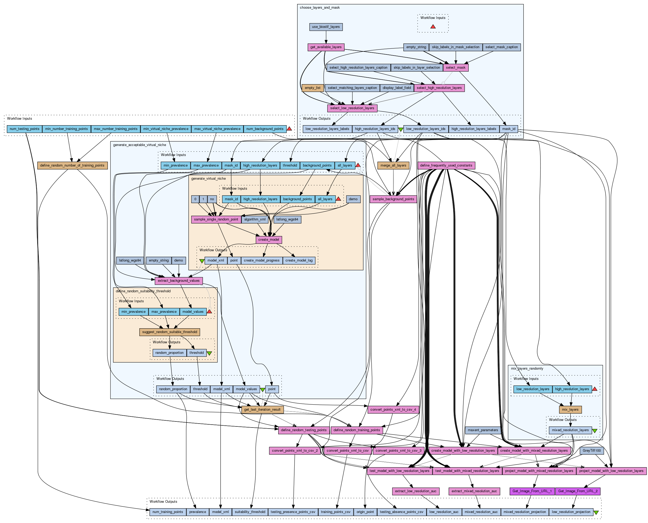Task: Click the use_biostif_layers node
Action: pyautogui.click(x=326, y=27)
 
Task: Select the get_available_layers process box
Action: pyautogui.click(x=326, y=47)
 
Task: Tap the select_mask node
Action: pyautogui.click(x=455, y=68)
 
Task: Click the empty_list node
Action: pyautogui.click(x=312, y=88)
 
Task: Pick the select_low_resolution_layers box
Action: pyautogui.click(x=352, y=108)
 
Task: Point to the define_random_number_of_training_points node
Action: pyautogui.click(x=72, y=165)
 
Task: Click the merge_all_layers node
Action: pyautogui.click(x=393, y=165)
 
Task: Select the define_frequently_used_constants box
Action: pyautogui.click(x=446, y=165)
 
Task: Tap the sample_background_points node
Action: pyautogui.click(x=393, y=199)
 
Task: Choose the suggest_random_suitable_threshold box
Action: pyautogui.click(x=170, y=332)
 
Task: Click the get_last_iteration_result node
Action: pyautogui.click(x=262, y=410)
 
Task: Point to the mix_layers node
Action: pyautogui.click(x=570, y=410)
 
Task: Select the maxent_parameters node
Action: pyautogui.click(x=483, y=430)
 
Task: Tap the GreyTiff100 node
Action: pyautogui.click(x=591, y=451)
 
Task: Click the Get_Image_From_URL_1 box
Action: pyautogui.click(x=532, y=491)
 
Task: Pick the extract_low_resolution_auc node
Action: pyautogui.click(x=416, y=491)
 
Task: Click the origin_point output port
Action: pyautogui.click(x=365, y=512)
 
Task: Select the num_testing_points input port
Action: pyautogui.click(x=24, y=129)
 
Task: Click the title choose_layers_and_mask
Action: pyautogui.click(x=320, y=8)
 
